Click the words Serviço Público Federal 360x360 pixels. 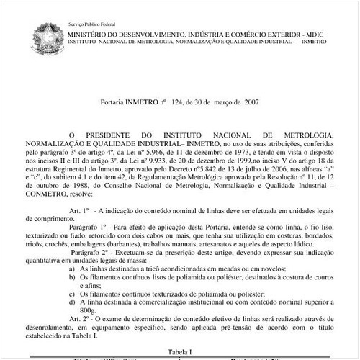click(x=89, y=24)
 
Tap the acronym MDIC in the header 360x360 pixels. click(x=315, y=34)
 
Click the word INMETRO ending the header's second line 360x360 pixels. click(x=313, y=43)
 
